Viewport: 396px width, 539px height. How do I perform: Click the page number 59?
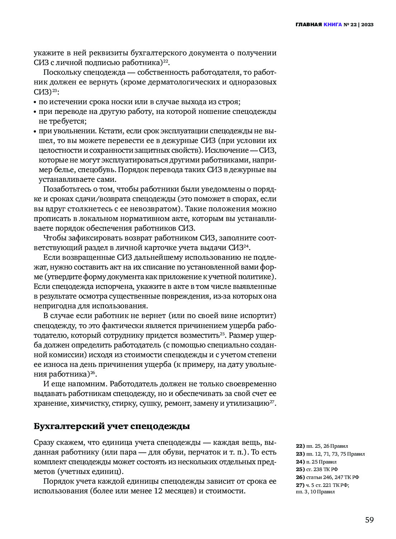pos(369,520)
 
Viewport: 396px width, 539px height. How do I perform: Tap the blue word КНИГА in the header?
pos(333,25)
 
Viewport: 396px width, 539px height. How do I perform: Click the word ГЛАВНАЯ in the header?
pos(308,25)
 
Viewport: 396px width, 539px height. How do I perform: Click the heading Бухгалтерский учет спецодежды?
pos(112,426)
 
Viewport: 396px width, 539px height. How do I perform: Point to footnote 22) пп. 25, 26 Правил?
pos(322,446)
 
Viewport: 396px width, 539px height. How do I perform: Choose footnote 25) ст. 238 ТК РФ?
pos(317,469)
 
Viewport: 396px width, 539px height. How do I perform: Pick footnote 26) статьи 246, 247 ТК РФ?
pos(327,477)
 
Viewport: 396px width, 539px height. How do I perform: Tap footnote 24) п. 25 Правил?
pos(316,462)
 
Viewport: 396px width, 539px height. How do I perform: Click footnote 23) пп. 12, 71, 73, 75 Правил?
pos(330,454)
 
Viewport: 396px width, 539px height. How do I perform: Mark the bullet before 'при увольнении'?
pos(35,132)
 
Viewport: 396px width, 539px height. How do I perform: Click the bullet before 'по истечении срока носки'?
pos(35,102)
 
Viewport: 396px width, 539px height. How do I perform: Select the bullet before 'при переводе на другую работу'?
pos(35,112)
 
